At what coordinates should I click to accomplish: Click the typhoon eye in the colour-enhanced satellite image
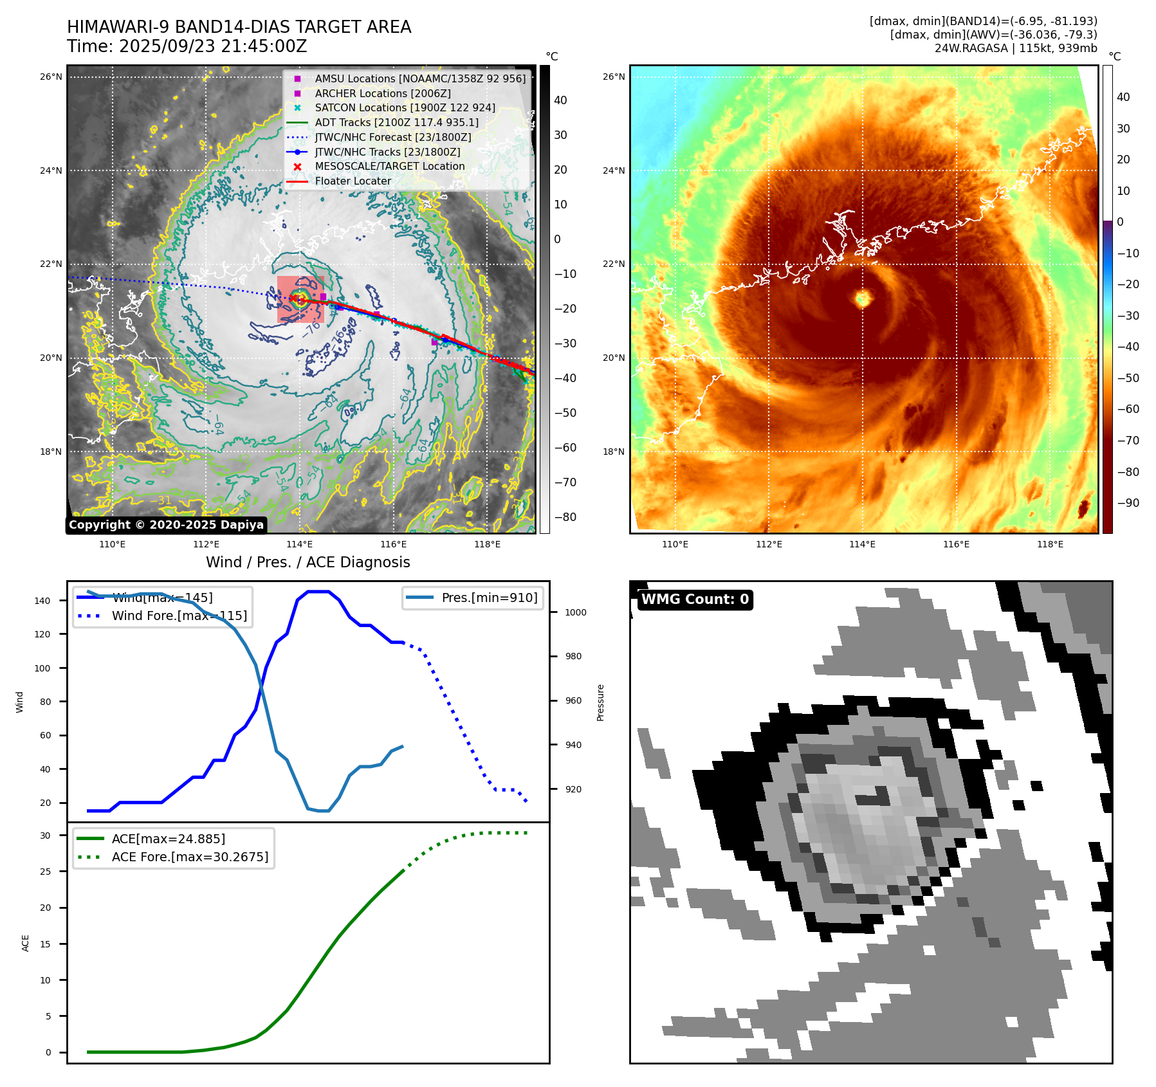(x=863, y=298)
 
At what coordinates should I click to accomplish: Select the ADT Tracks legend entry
(x=396, y=122)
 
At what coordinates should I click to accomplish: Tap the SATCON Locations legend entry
(x=405, y=107)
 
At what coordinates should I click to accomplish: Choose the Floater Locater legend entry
(x=353, y=181)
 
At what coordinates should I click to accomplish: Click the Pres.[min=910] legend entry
(x=489, y=598)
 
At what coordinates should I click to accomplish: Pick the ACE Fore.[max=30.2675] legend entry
(x=190, y=857)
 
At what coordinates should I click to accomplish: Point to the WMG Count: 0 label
(x=695, y=599)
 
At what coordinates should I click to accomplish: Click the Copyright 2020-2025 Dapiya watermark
(x=166, y=525)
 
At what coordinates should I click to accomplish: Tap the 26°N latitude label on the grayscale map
(x=51, y=77)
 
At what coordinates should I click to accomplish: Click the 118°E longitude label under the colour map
(x=1050, y=544)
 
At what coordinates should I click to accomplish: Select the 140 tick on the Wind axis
(x=42, y=601)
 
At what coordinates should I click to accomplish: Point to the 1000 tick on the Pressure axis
(x=575, y=612)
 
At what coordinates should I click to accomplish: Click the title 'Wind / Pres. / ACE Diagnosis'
(x=307, y=562)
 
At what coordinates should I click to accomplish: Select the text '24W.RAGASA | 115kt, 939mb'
(x=1016, y=48)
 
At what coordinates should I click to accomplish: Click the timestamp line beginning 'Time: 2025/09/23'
(x=187, y=46)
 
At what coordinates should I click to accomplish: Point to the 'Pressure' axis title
(x=600, y=702)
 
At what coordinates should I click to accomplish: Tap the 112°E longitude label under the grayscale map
(x=206, y=544)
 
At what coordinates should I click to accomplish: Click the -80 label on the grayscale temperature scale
(x=565, y=516)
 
